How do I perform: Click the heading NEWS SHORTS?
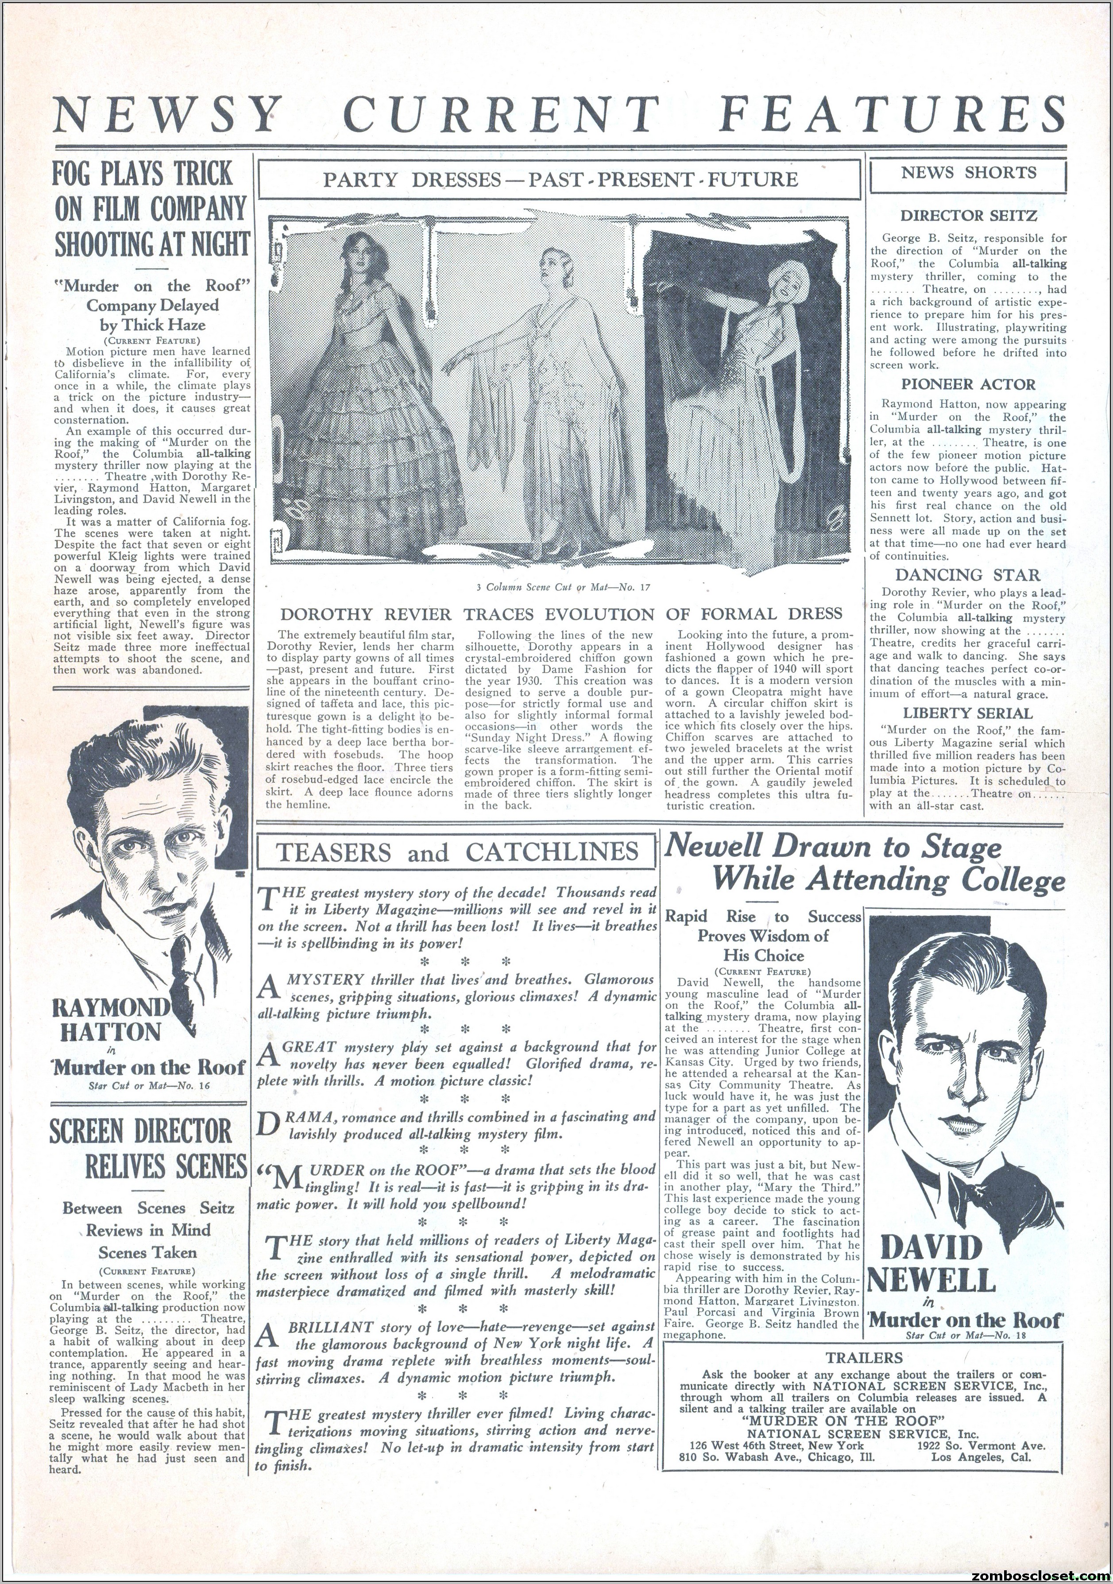pos(968,173)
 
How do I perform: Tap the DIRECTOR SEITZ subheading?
pos(968,215)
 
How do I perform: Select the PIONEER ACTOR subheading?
pos(968,384)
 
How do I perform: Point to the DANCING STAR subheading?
pos(968,575)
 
